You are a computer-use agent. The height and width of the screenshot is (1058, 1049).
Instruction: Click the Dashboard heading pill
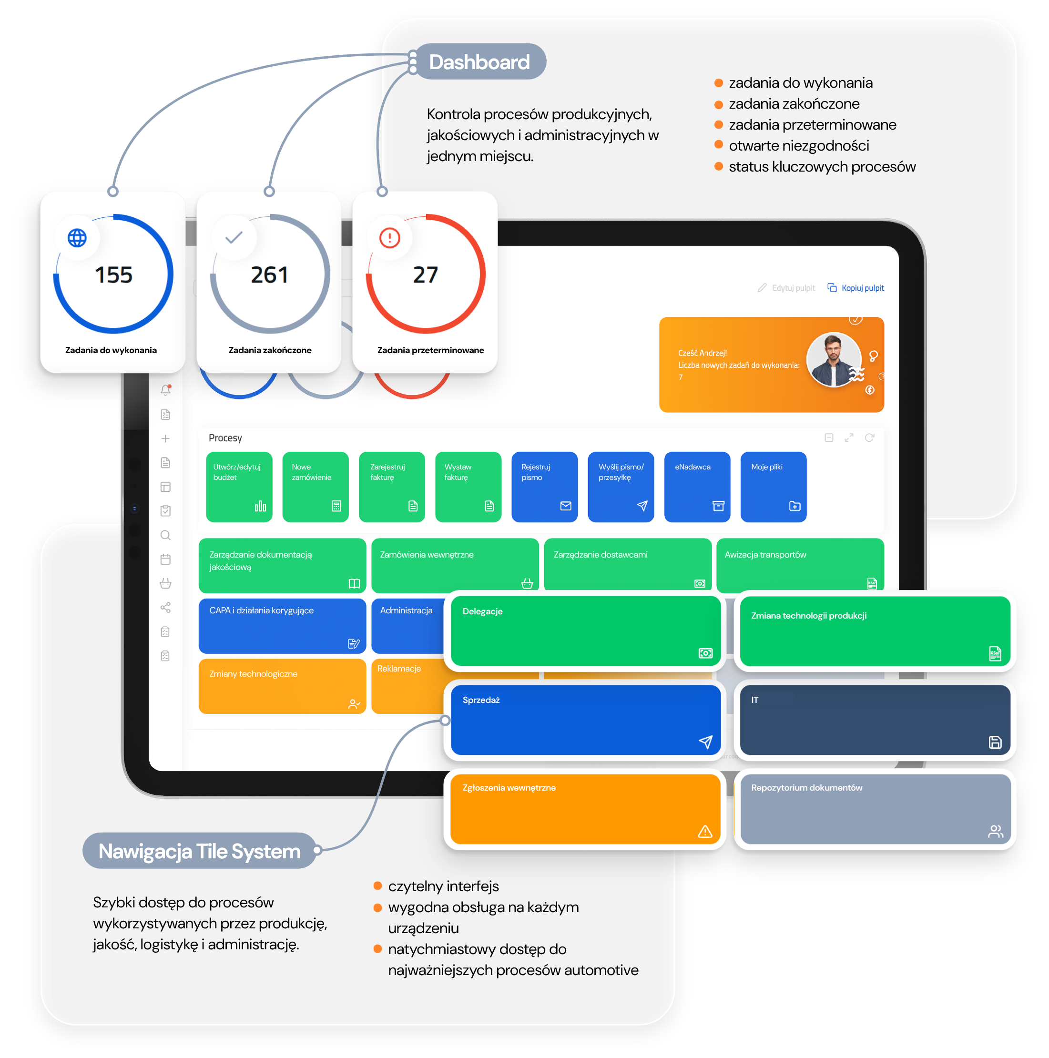(x=479, y=61)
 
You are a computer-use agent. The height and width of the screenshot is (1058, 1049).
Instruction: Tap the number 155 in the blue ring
(x=113, y=275)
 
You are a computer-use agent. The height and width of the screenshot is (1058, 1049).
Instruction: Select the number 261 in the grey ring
(x=269, y=275)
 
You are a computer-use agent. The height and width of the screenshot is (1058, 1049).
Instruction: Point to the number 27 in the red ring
(x=425, y=275)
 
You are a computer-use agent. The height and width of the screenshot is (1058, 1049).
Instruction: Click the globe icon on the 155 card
(x=77, y=238)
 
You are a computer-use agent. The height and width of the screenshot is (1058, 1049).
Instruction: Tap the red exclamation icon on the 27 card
(x=390, y=238)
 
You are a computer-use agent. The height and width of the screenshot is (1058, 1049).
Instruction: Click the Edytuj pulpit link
(x=786, y=288)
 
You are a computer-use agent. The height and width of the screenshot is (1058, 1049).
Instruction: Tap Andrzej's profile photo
(x=834, y=360)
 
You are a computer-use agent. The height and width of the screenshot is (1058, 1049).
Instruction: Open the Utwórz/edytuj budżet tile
(x=239, y=487)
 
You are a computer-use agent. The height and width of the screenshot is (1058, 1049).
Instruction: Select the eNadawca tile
(x=697, y=487)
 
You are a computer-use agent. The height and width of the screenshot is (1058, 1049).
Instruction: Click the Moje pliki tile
(x=774, y=487)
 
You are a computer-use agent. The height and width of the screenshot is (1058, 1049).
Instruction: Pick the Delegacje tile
(x=586, y=631)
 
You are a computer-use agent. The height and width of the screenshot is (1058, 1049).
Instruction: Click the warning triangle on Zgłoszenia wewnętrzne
(x=705, y=831)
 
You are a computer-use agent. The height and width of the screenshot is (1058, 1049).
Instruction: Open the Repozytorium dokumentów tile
(x=876, y=809)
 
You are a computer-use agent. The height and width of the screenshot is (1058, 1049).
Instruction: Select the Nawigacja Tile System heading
(x=199, y=851)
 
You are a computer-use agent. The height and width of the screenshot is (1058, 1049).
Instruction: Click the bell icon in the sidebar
(x=165, y=390)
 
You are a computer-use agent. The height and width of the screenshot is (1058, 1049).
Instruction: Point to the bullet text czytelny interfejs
(x=444, y=886)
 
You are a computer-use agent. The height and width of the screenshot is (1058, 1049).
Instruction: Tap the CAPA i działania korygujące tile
(x=282, y=626)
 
